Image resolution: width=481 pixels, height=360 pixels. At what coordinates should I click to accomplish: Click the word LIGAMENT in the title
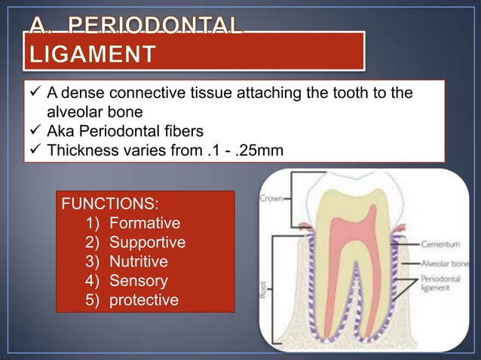[93, 55]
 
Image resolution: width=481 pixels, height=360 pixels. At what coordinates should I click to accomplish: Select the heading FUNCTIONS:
[109, 204]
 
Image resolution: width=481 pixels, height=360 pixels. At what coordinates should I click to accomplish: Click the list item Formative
[144, 224]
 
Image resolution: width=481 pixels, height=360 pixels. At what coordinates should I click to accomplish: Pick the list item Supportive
[147, 243]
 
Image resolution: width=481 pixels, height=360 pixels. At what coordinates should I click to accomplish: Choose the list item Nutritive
[139, 262]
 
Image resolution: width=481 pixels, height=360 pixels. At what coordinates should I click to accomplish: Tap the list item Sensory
[138, 282]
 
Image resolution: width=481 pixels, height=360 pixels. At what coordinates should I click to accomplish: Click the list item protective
[144, 301]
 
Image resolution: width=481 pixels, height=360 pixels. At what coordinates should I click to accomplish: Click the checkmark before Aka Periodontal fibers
[35, 131]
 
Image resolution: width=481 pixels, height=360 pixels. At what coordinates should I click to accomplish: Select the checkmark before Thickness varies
[35, 150]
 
